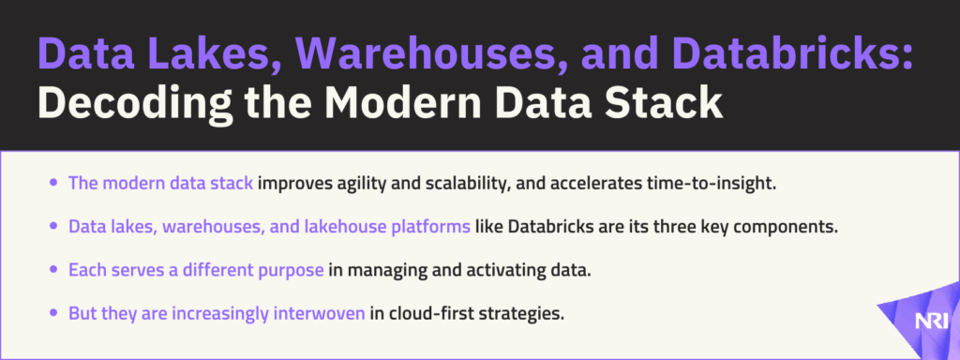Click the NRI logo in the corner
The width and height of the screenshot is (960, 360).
tap(931, 322)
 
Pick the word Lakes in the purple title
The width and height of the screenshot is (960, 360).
tap(215, 54)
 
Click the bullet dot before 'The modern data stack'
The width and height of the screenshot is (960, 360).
tap(54, 183)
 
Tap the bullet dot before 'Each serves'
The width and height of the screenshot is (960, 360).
tap(54, 269)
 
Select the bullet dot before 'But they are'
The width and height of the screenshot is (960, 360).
tap(54, 313)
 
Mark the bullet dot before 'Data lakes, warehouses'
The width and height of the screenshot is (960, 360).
tap(54, 227)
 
